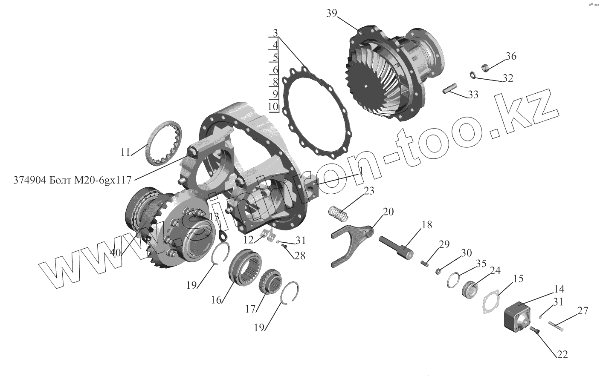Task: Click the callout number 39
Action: tap(332, 13)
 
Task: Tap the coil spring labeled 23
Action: tap(340, 212)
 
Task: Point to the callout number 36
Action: tap(511, 56)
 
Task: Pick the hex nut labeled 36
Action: tap(484, 66)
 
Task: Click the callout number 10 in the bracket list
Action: tap(274, 106)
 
